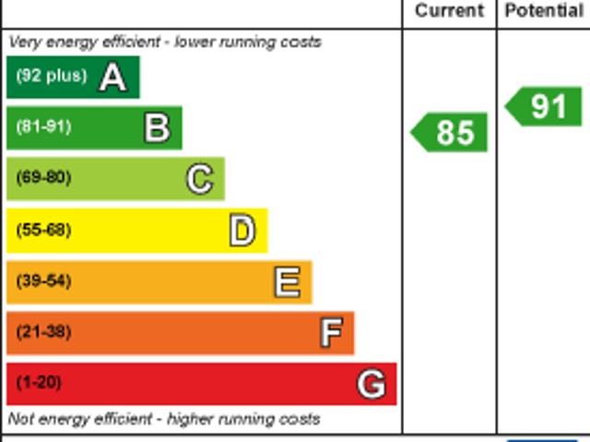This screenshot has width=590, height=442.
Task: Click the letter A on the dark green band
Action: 112,77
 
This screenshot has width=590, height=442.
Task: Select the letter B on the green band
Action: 157,127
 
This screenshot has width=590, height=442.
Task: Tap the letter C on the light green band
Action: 200,178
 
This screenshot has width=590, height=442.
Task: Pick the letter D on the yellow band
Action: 242,230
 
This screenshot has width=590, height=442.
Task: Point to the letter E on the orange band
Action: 287,281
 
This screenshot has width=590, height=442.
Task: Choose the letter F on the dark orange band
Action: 331,332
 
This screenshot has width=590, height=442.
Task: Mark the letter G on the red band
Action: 372,383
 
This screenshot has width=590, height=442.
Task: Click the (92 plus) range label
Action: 52,76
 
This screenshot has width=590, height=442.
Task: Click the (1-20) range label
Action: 39,382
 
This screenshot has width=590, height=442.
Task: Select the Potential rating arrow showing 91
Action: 546,106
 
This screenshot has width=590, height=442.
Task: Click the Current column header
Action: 449,11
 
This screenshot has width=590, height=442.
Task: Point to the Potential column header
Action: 544,11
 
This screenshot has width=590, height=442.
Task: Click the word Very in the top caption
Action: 25,42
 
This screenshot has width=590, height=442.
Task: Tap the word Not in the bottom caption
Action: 21,419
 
